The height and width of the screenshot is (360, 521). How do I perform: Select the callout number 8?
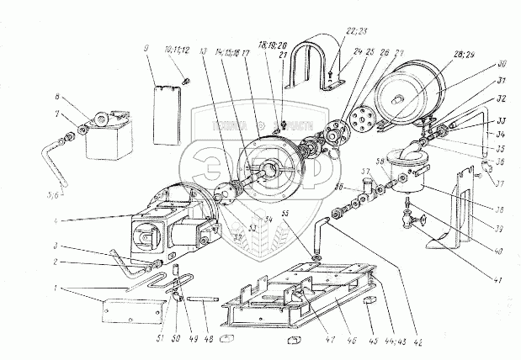pyautogui.click(x=57, y=97)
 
